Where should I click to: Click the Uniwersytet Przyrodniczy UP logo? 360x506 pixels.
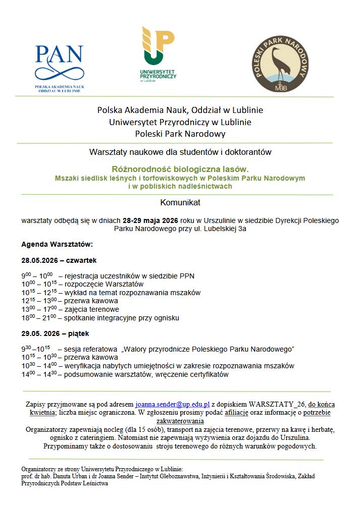coord(158,53)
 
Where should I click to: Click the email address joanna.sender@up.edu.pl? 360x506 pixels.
coord(172,405)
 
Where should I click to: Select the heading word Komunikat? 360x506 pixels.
coord(180,203)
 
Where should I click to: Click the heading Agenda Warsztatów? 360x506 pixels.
coord(57,244)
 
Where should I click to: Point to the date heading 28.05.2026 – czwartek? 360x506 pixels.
coord(59,260)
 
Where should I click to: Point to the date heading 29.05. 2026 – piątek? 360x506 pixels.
coord(56,333)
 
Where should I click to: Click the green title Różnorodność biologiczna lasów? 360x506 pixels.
coord(180,170)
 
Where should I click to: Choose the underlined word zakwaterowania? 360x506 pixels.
coord(180,421)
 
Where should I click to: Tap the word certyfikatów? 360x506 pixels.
coord(207,374)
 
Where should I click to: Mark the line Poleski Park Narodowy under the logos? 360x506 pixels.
coord(180,134)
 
